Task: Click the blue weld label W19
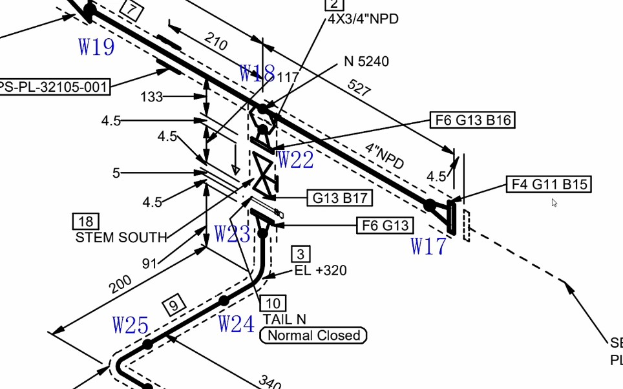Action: pos(96,47)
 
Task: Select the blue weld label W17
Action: pos(428,246)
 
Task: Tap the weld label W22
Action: pos(295,160)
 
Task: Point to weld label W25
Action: pos(131,325)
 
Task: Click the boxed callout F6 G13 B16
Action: pos(473,120)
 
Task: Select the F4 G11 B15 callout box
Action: pos(549,184)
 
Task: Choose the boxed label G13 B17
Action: pos(340,198)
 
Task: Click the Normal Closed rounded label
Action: pos(313,335)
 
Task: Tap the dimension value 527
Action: pos(359,87)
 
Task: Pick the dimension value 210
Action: pos(216,41)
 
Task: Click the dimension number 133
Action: pos(152,96)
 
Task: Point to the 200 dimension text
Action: pos(120,284)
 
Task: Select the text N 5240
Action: pos(366,61)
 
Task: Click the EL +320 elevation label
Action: pos(321,271)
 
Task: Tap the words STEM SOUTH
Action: pos(121,237)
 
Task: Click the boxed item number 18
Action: pos(86,222)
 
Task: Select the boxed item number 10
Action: pos(273,304)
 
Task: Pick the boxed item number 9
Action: pos(174,305)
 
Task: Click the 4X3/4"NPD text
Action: pos(363,19)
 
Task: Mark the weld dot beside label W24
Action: pos(224,300)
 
